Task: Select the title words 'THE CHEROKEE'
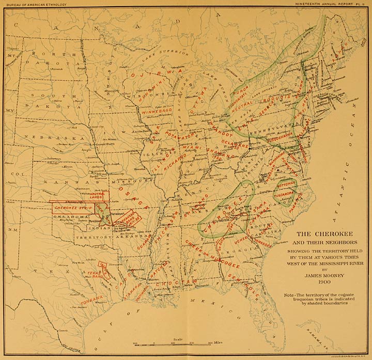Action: (325, 233)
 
